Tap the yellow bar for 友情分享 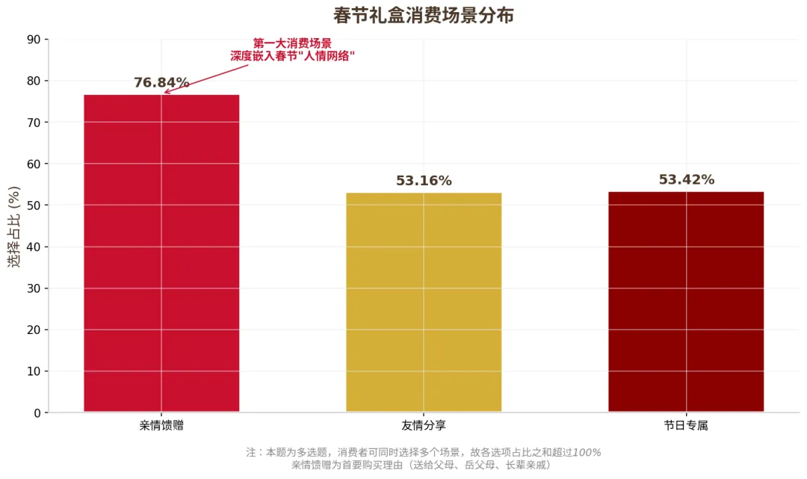coord(424,302)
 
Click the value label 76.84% coord(161,83)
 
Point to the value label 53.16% coord(424,181)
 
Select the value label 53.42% coord(686,180)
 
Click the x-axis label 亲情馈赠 coord(161,426)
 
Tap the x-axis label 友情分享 coord(424,426)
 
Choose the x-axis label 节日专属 coord(686,426)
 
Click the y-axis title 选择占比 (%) coord(14,226)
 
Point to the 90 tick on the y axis coord(34,39)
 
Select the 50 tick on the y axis coord(34,205)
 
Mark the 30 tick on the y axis coord(34,288)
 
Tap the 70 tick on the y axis coord(34,122)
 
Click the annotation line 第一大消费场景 coord(292,43)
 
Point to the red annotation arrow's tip coord(165,93)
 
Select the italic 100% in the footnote coord(587,452)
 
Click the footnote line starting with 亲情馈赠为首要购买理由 coord(423,465)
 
